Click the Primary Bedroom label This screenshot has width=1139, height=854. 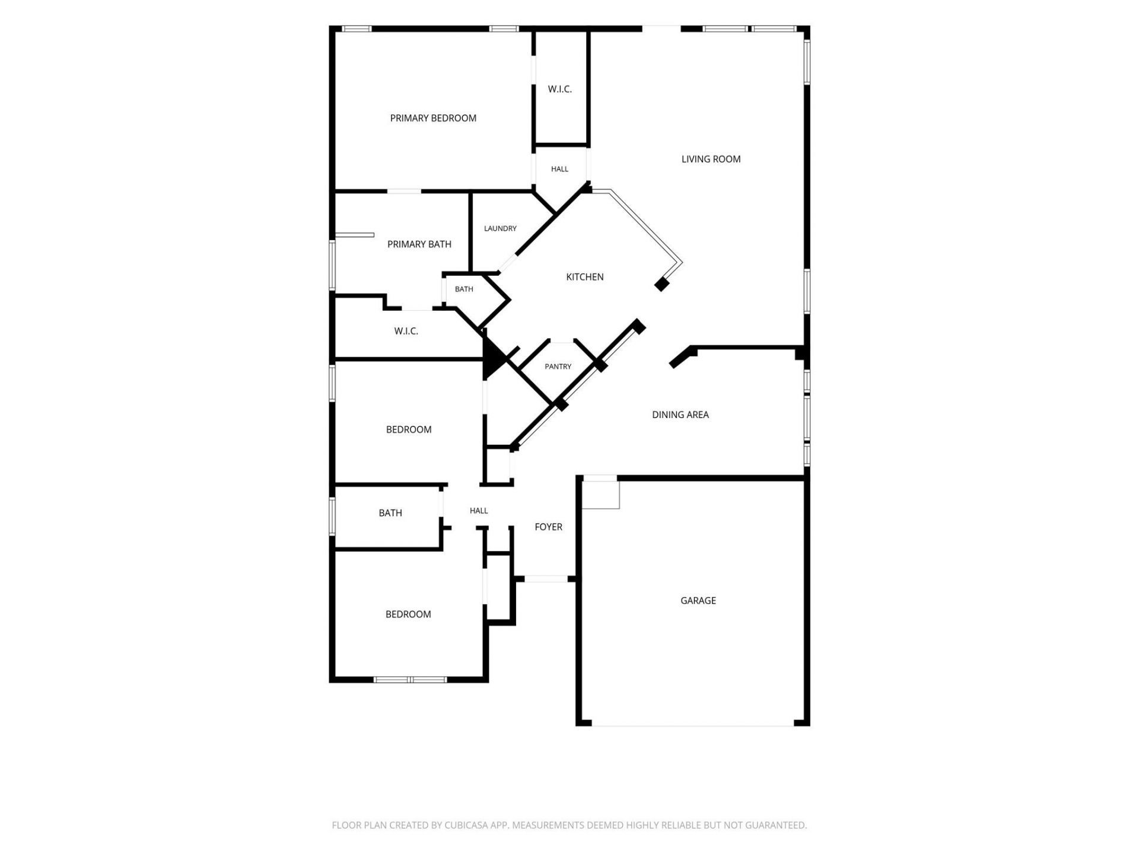(433, 118)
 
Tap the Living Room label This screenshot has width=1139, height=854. (711, 159)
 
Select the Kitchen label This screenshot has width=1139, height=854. (585, 277)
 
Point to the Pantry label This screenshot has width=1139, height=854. (558, 367)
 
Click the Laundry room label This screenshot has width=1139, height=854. (500, 228)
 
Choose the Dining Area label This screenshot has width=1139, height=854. (680, 415)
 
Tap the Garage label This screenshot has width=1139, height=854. (698, 600)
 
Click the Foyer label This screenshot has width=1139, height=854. (549, 527)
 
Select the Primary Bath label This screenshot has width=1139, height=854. (419, 244)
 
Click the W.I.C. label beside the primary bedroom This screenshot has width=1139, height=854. (560, 89)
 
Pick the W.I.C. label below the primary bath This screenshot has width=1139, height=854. (406, 331)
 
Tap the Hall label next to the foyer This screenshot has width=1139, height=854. (479, 511)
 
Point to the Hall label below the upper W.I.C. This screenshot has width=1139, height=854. (559, 169)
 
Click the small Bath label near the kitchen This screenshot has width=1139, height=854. (464, 289)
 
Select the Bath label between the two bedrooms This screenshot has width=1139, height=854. (390, 513)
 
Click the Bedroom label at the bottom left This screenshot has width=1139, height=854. (408, 614)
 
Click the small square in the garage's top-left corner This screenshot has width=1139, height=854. (600, 494)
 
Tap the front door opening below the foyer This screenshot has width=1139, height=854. (546, 579)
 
